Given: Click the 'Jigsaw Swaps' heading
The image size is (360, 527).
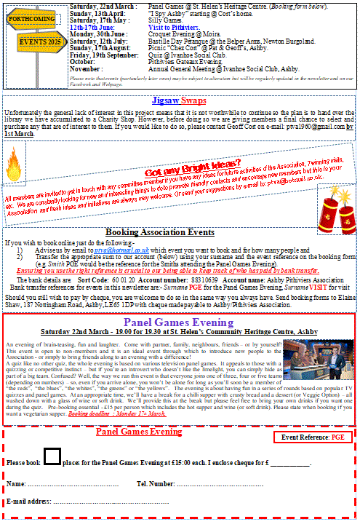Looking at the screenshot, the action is (x=179, y=99).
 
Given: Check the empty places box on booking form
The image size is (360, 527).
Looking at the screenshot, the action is (x=52, y=456).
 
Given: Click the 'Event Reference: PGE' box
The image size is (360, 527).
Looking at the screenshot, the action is (x=313, y=437).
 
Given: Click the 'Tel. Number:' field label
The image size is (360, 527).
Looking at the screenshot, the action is (x=156, y=483).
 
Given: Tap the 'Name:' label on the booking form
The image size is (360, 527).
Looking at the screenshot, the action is (x=16, y=483).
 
